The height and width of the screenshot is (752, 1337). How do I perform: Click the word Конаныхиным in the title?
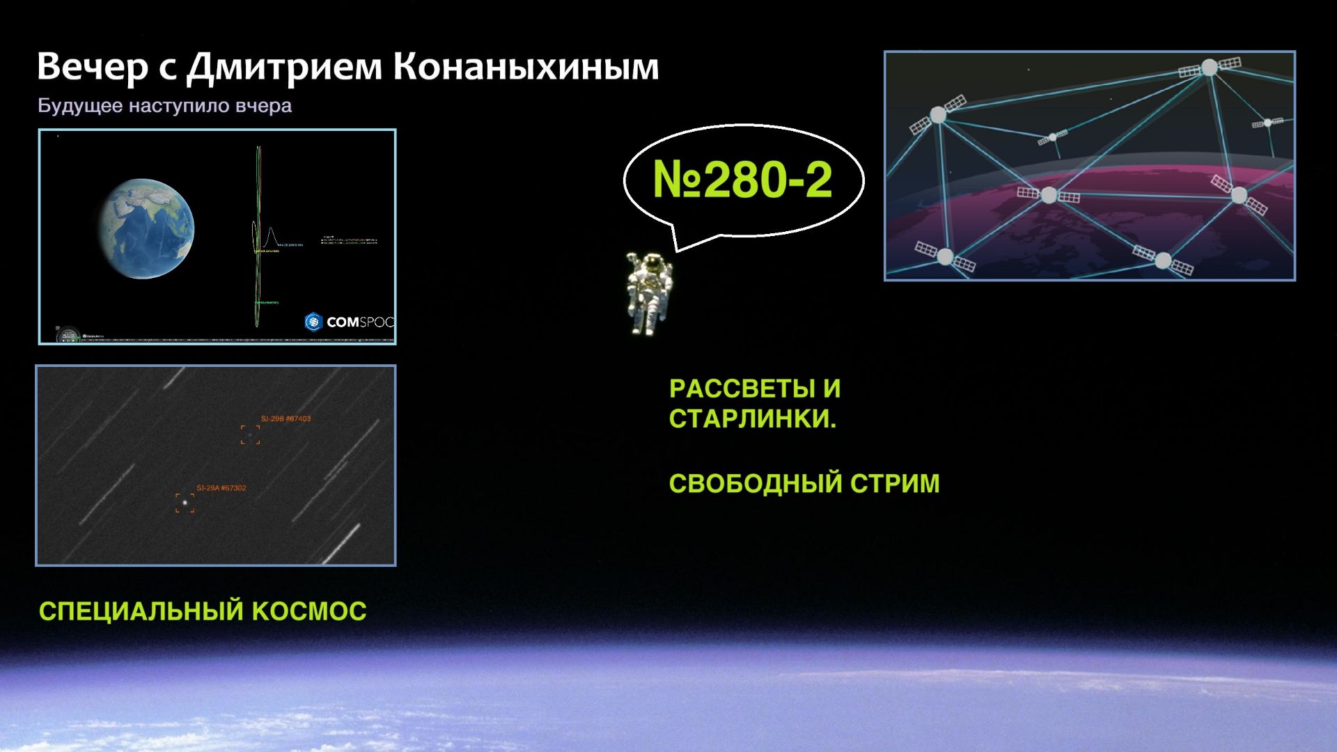click(x=526, y=68)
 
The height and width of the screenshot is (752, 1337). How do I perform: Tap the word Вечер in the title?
click(x=92, y=68)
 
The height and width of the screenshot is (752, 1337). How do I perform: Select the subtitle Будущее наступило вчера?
click(x=164, y=106)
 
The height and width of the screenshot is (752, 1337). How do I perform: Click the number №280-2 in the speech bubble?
click(x=742, y=180)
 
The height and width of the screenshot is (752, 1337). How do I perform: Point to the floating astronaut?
click(x=649, y=292)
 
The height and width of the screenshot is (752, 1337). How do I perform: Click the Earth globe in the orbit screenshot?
click(x=146, y=228)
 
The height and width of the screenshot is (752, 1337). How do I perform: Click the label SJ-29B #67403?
click(x=286, y=418)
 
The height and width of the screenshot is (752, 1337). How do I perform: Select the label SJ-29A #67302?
click(x=221, y=488)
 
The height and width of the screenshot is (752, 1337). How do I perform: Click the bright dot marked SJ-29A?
click(x=185, y=501)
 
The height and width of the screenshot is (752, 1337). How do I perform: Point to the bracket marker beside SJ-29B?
click(x=250, y=435)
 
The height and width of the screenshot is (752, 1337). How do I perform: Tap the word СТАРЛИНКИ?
click(x=752, y=419)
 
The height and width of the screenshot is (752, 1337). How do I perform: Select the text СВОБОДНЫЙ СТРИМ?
click(x=804, y=483)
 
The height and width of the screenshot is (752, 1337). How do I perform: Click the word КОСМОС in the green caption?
click(x=309, y=611)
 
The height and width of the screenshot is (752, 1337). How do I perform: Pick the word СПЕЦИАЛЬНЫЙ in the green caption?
click(x=141, y=611)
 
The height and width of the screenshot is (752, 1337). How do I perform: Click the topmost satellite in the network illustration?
click(x=1210, y=68)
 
